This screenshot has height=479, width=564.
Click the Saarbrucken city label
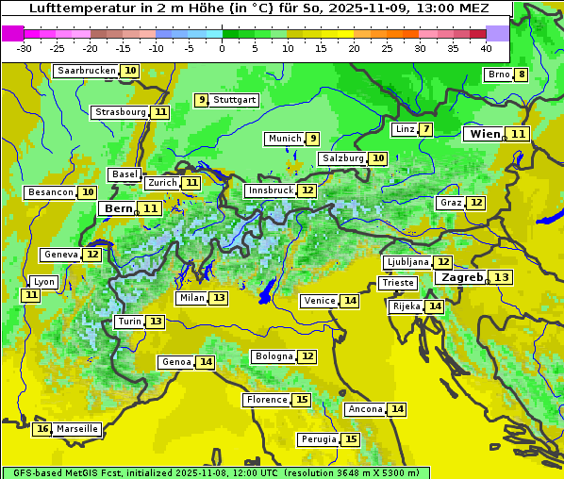[x=87, y=71]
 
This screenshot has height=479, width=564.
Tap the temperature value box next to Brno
[x=522, y=75]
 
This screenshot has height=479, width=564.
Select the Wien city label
[x=486, y=134]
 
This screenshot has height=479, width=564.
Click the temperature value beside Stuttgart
[x=201, y=100]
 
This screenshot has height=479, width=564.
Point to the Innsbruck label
[x=270, y=190]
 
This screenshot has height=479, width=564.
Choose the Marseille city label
[x=76, y=429]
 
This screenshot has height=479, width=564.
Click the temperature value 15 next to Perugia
[x=351, y=439]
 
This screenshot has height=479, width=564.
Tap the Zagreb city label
[x=461, y=277]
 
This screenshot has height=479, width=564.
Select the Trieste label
[x=397, y=283]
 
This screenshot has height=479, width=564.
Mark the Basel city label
[x=124, y=174]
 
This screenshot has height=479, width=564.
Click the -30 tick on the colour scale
[x=25, y=48]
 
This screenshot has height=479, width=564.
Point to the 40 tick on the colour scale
[x=486, y=48]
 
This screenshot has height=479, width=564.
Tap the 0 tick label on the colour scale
[x=222, y=48]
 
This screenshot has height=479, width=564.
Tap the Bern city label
[x=119, y=208]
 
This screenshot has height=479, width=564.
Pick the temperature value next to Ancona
[x=398, y=409]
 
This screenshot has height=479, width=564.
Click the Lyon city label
[x=43, y=282]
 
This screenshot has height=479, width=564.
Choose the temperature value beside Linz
[x=426, y=129]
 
